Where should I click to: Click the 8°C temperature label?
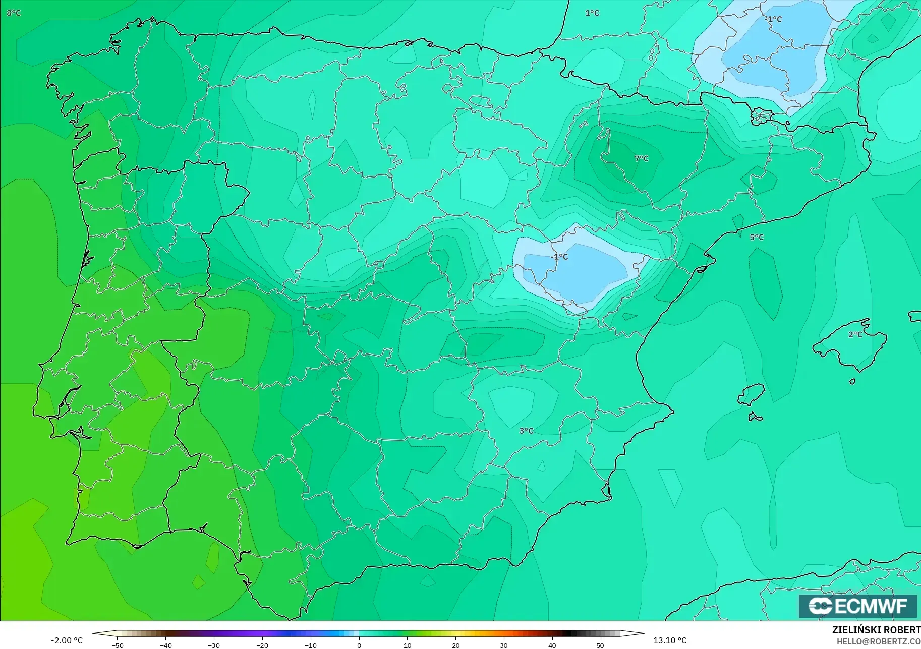click(14, 13)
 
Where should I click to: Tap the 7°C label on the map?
click(641, 158)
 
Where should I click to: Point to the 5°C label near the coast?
click(756, 237)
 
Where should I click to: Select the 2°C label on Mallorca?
click(855, 334)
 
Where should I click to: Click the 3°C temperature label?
click(526, 431)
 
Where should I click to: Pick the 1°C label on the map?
click(592, 13)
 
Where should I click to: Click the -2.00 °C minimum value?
click(67, 640)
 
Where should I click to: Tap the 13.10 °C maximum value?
click(670, 640)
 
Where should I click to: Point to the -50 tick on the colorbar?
click(118, 645)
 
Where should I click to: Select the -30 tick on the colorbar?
click(214, 645)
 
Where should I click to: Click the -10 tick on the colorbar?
click(311, 645)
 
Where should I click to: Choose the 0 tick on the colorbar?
click(359, 645)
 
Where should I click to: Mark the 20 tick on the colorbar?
click(455, 645)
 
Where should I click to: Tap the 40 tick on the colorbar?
click(552, 645)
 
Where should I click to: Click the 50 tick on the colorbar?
click(600, 645)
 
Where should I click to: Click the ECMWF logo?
click(857, 606)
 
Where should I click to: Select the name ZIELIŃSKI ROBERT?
click(876, 630)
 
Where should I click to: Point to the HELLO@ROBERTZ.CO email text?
click(878, 642)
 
